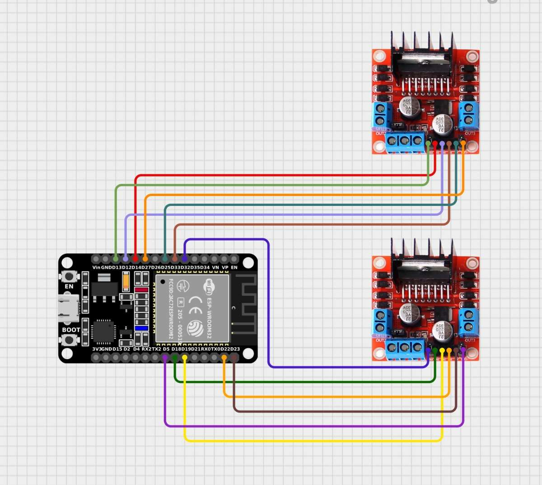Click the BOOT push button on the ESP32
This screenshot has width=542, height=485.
[x=69, y=340]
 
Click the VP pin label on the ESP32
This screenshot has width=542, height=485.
[x=224, y=267]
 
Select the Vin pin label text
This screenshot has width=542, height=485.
[x=96, y=267]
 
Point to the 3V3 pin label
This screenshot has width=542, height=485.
[x=96, y=349]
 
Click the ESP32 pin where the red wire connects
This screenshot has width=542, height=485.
[x=135, y=259]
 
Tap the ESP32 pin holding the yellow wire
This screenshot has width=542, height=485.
[x=185, y=358]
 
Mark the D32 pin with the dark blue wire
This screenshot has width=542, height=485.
[x=185, y=259]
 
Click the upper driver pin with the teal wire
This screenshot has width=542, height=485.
[x=456, y=144]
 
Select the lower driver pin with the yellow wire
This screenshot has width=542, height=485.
[x=442, y=350]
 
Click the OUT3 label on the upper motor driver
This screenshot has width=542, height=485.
[x=470, y=134]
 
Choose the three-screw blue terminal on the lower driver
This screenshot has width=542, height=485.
[x=405, y=348]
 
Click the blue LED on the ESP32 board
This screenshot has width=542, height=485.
[x=141, y=328]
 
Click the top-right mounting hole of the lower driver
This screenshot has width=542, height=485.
[x=472, y=263]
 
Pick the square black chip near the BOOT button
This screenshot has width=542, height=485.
[x=103, y=331]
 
